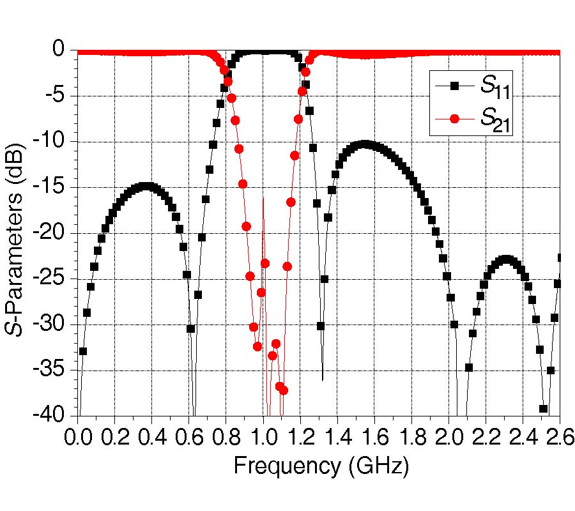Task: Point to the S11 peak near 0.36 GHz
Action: (x=145, y=187)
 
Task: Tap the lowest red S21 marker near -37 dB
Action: (x=284, y=390)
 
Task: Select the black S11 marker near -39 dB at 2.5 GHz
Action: (x=544, y=409)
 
